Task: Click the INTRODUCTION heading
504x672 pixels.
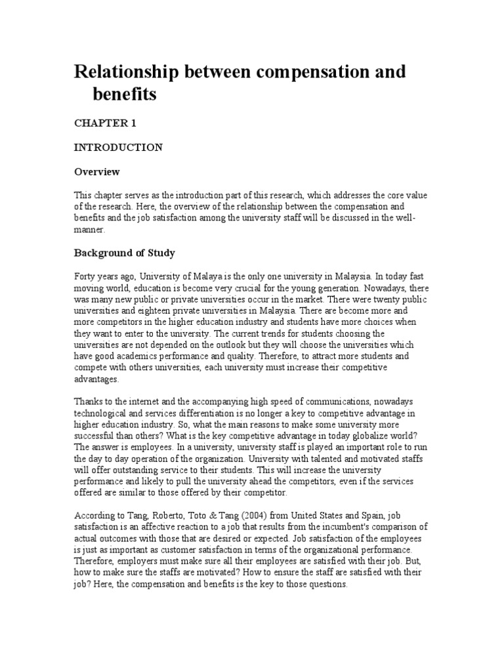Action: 117,147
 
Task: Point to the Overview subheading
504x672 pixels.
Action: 96,172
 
